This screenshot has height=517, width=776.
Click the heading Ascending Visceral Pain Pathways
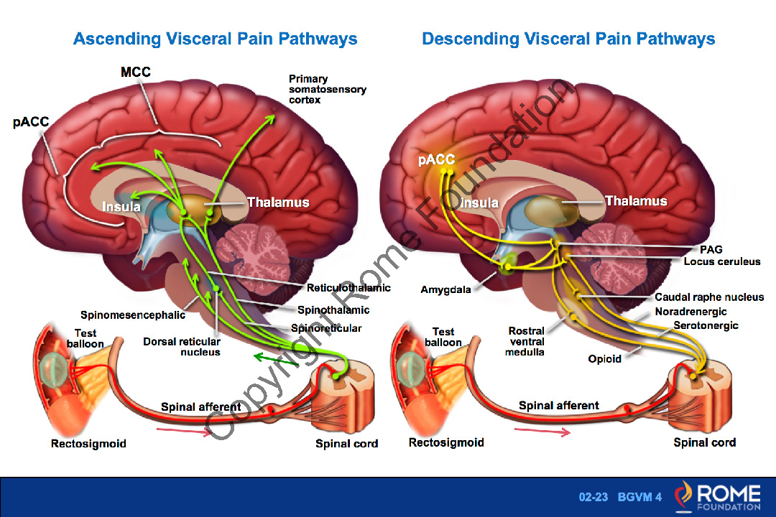[x=215, y=39]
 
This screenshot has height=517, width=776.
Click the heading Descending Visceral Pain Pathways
[x=568, y=39]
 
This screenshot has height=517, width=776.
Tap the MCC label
[x=135, y=73]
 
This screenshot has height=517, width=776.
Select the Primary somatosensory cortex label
[x=328, y=89]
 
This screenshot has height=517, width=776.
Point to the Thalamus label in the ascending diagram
[x=278, y=202]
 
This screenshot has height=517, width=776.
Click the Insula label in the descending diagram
[x=479, y=203]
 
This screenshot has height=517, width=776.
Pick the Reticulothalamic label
[x=348, y=288]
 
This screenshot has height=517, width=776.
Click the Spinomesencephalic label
[x=133, y=315]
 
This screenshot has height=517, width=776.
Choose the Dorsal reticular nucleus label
[x=182, y=347]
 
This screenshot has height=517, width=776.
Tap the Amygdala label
[x=445, y=290]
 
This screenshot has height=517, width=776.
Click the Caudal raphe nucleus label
[x=709, y=297]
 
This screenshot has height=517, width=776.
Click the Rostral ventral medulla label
[x=527, y=341]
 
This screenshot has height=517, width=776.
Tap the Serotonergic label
[x=706, y=325]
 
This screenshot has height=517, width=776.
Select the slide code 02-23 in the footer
[x=593, y=498]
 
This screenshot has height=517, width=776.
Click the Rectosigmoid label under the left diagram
[x=88, y=444]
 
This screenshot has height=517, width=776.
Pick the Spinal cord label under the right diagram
[x=704, y=442]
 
